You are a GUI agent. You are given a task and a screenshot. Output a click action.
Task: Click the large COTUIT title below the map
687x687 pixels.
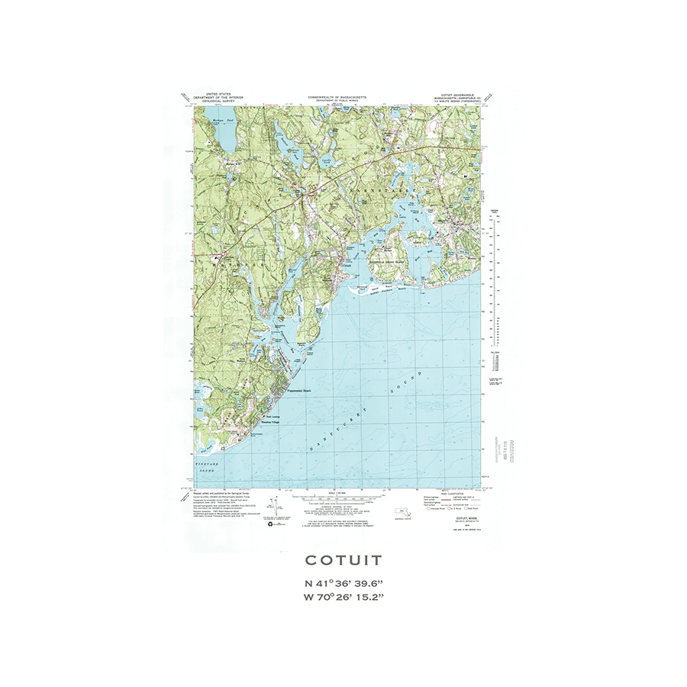[x=343, y=560]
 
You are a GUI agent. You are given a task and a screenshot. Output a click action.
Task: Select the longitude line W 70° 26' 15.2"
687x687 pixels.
[x=343, y=597]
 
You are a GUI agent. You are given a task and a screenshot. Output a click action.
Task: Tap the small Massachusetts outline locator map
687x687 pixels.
[x=399, y=513]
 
